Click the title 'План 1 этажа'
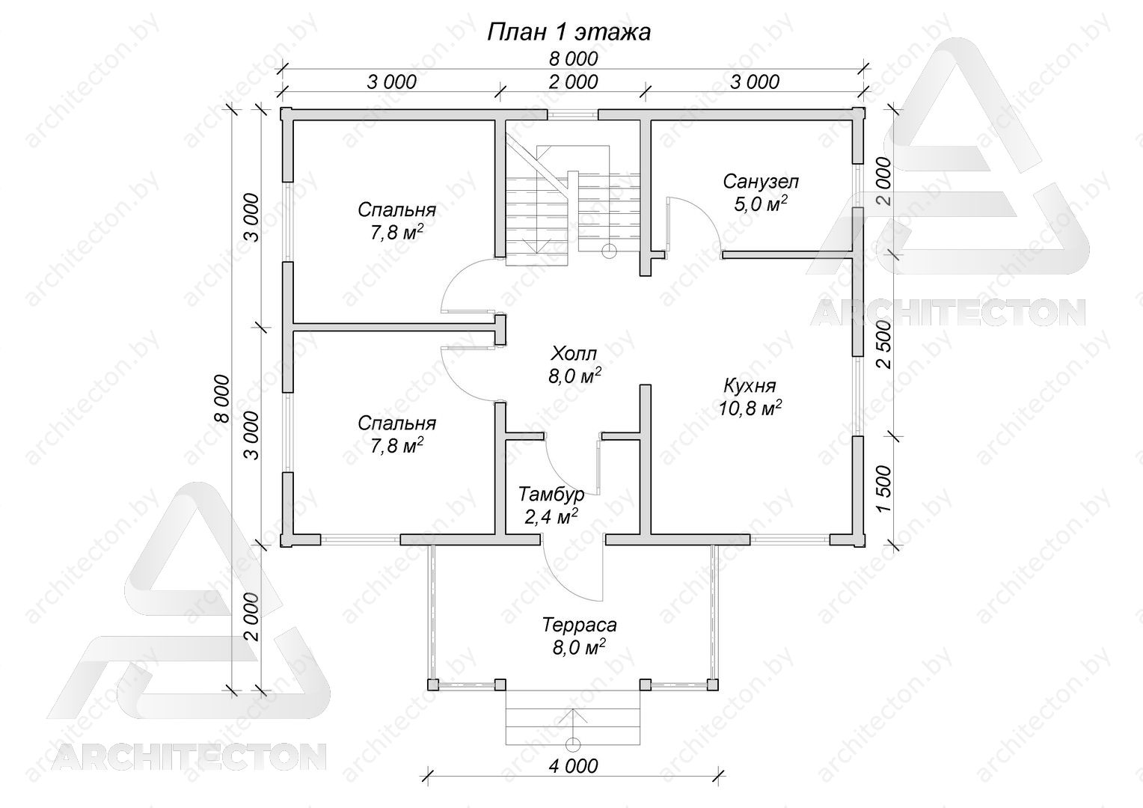569,33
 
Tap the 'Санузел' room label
760,181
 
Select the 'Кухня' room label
750,386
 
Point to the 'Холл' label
574,353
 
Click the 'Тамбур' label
551,494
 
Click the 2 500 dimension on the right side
883,345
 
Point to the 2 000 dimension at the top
573,82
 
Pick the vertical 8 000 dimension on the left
222,399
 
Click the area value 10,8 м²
750,408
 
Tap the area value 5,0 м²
760,203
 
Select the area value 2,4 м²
551,517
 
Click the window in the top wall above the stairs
572,114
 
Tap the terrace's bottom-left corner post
432,685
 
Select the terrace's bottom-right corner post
712,685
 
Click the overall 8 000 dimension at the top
573,59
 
